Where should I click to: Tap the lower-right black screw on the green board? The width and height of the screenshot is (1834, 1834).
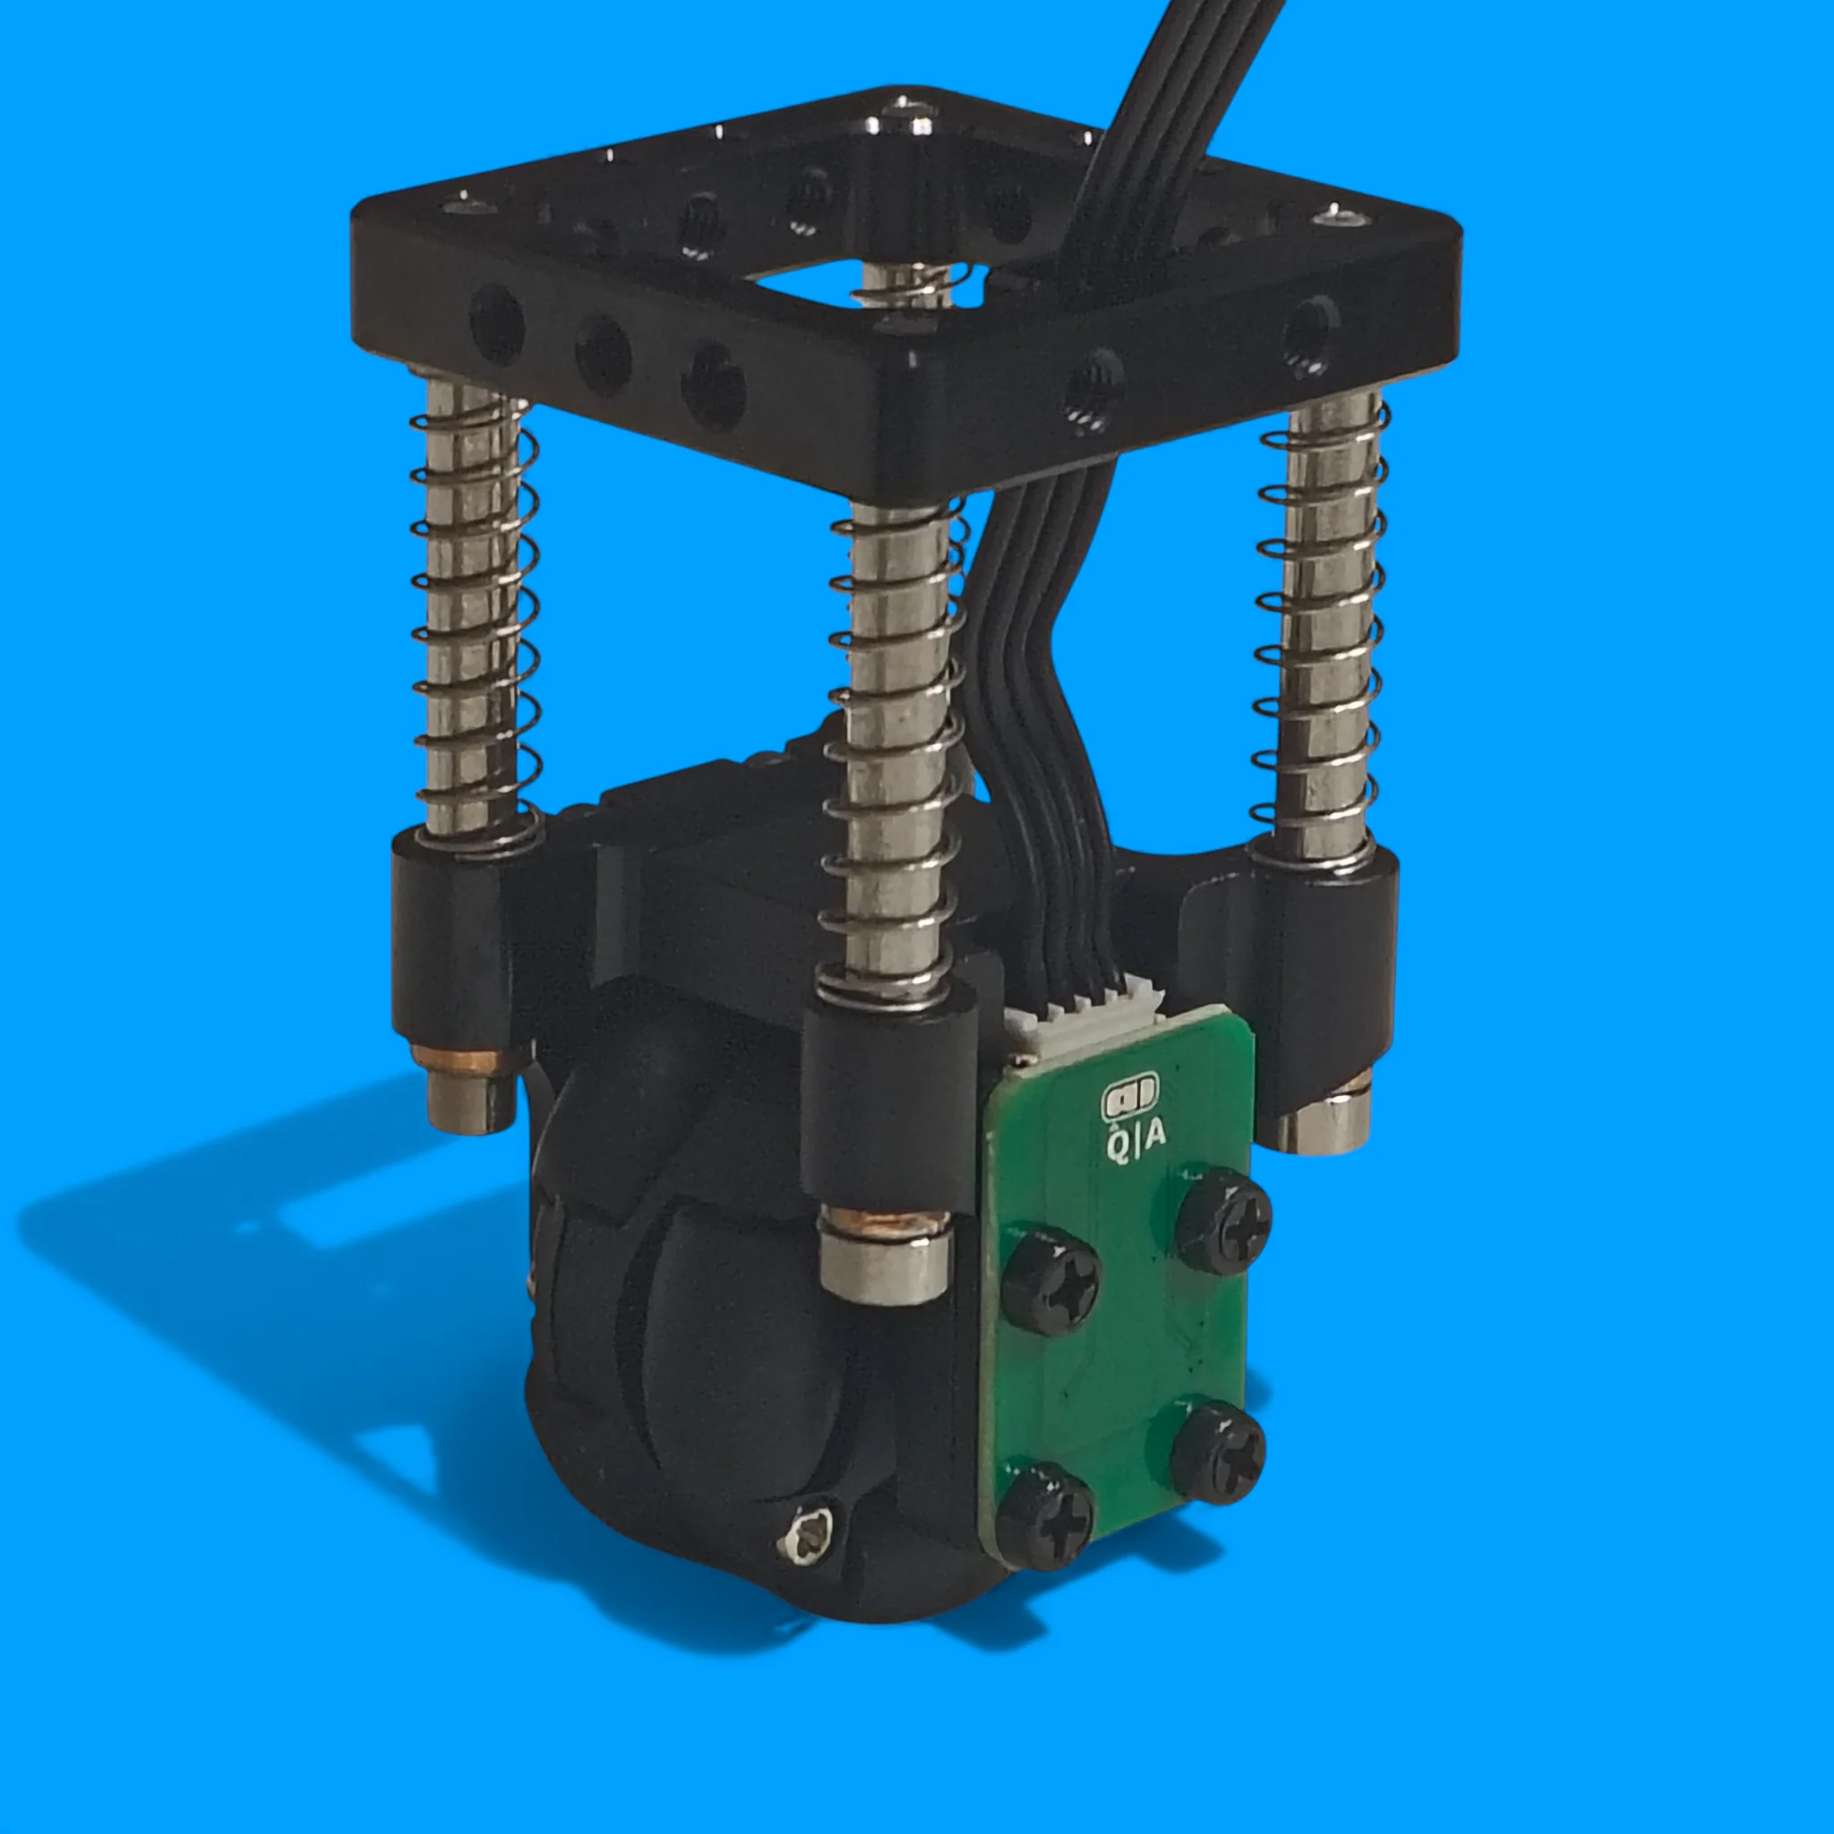1218,1453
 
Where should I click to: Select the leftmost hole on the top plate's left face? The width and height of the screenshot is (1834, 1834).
496,326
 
